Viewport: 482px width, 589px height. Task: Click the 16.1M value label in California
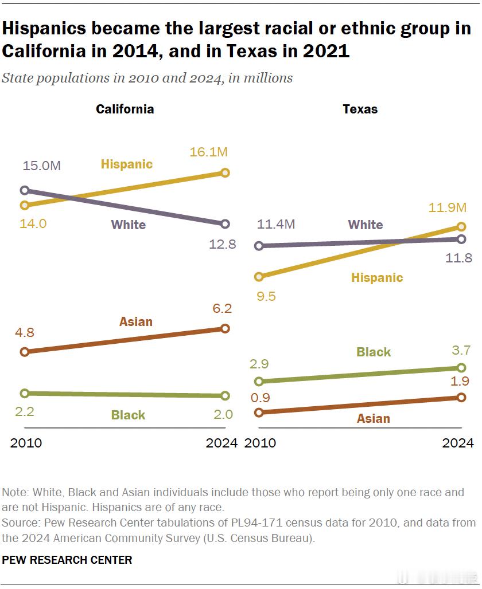point(209,152)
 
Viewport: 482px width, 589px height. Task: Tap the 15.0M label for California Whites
point(42,166)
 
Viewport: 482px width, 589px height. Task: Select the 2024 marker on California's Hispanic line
point(225,172)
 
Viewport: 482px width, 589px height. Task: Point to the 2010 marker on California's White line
point(25,190)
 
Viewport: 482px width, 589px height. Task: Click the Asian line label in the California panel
point(136,321)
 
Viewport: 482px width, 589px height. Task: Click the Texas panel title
point(360,109)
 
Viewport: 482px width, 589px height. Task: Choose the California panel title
point(125,109)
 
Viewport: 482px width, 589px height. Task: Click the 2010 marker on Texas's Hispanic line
point(259,277)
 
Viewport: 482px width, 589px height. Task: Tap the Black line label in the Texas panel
point(374,352)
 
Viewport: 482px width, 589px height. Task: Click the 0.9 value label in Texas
point(259,398)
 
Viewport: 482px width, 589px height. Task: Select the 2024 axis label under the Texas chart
point(457,443)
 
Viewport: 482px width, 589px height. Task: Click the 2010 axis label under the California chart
point(26,443)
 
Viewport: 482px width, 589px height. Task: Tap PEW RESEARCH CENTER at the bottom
point(67,560)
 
